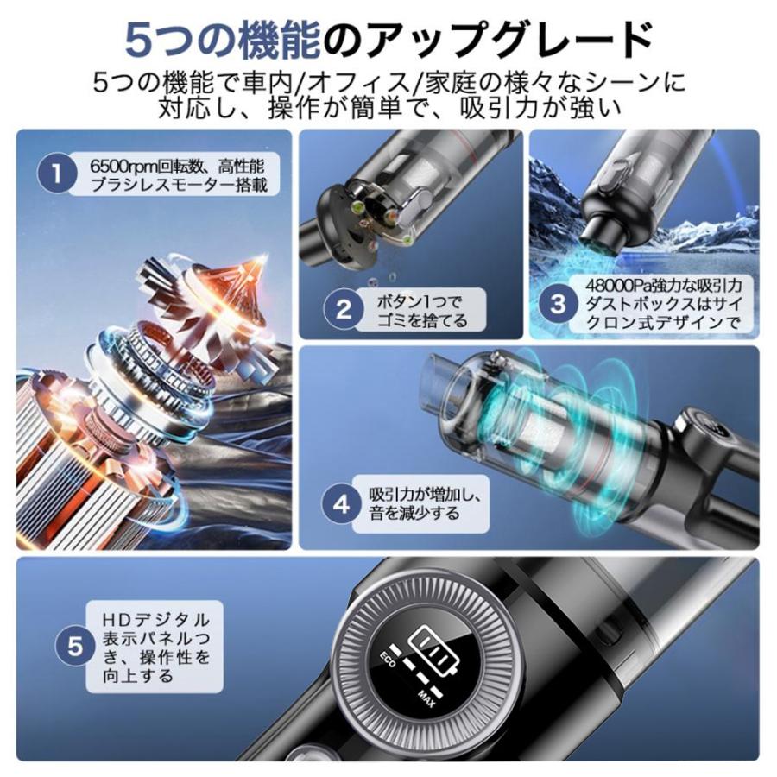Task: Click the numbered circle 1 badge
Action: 57,174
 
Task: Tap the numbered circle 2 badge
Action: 344,310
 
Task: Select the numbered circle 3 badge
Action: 559,303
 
